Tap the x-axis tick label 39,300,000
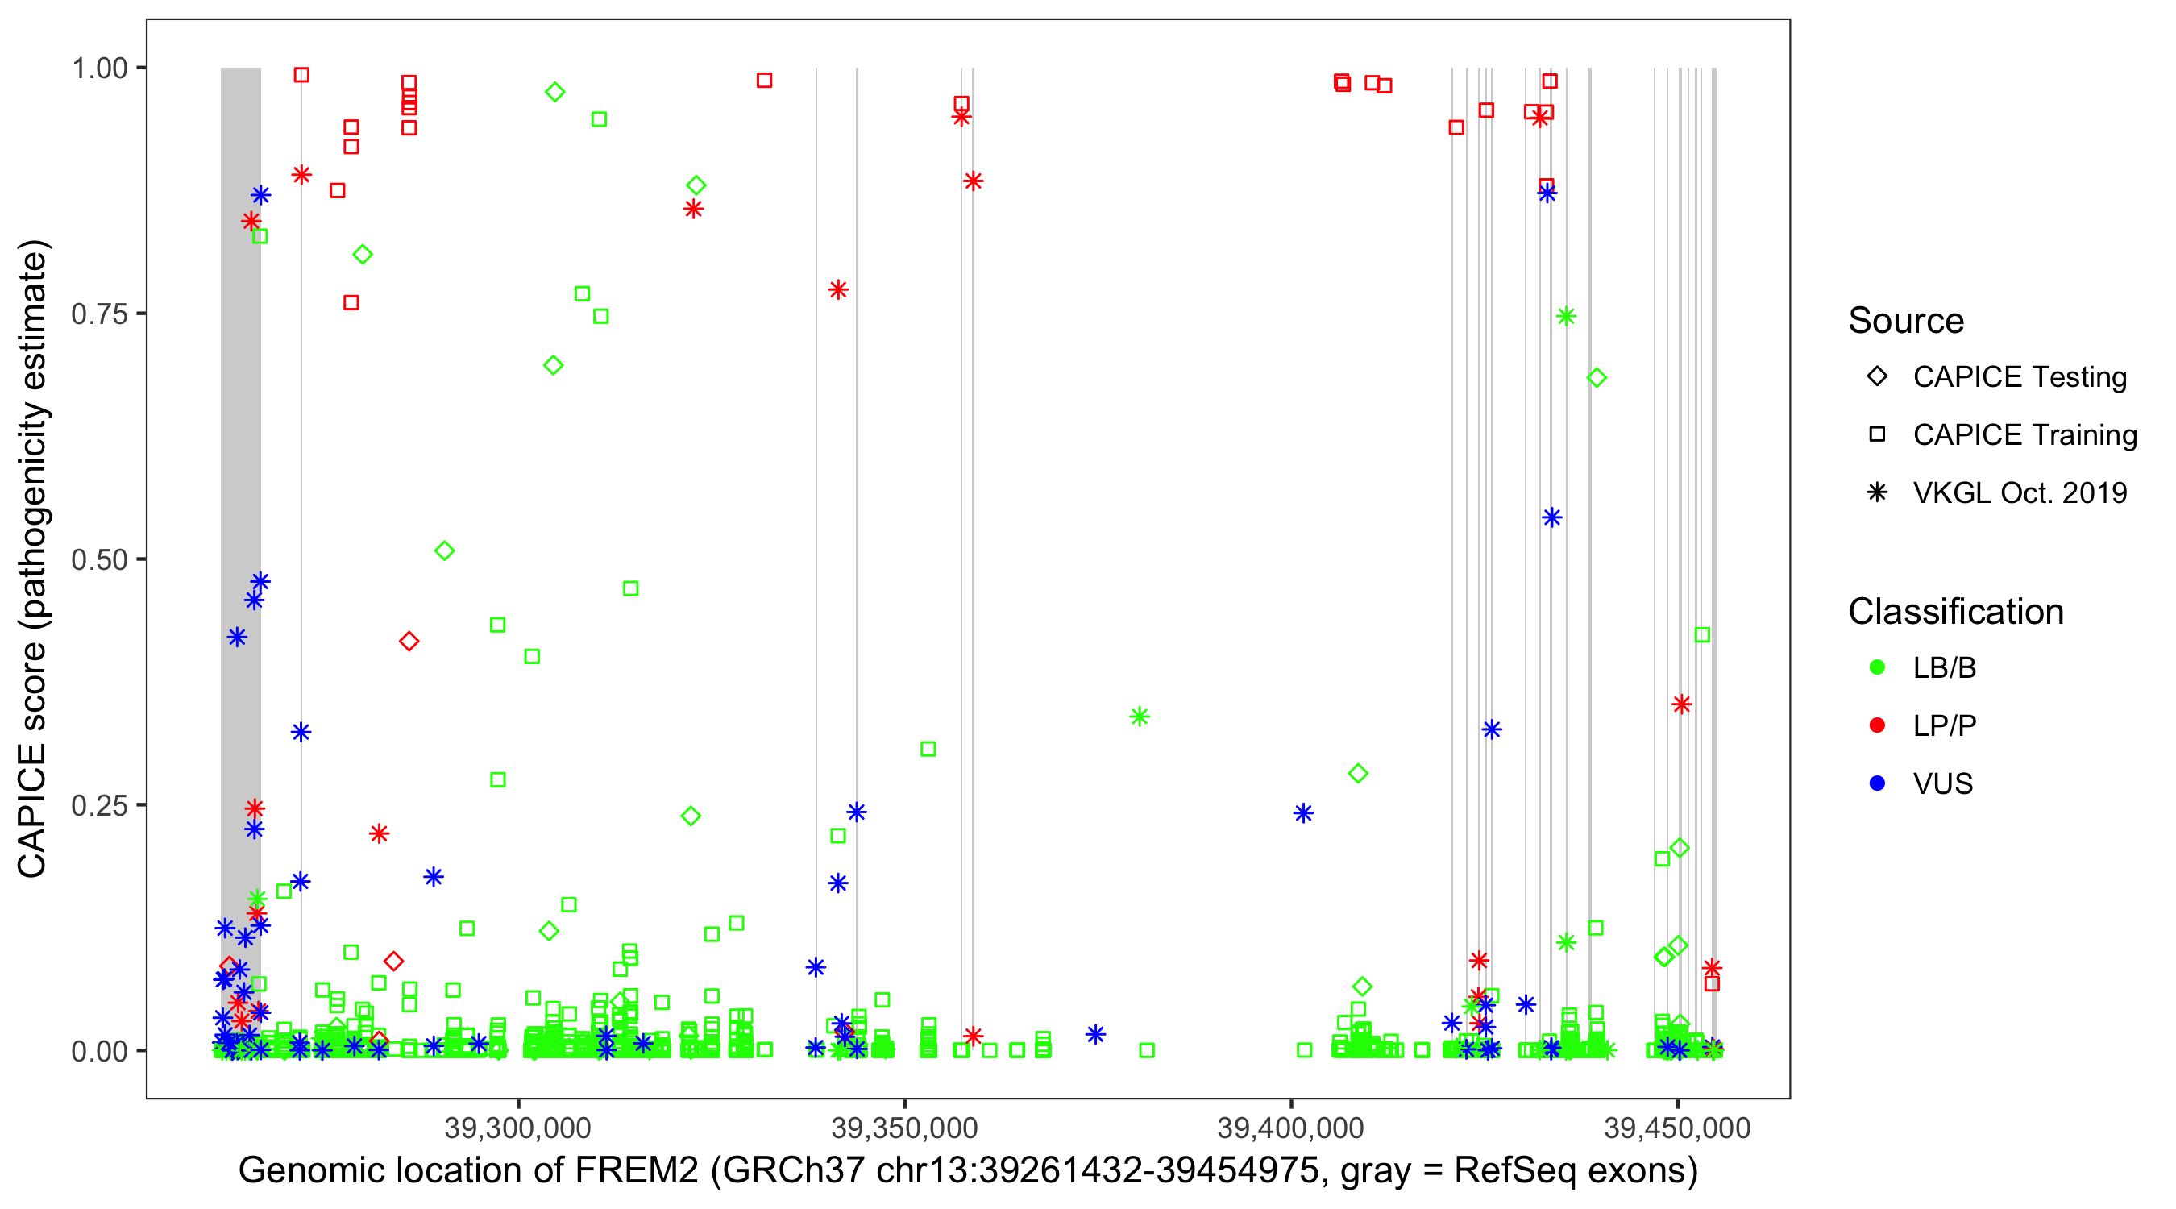coord(518,1128)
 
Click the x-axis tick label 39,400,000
coord(1291,1128)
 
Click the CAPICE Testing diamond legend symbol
coord(1877,377)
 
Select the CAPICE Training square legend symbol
coord(1877,435)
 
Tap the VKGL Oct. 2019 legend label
coord(2020,493)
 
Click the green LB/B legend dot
coord(1877,667)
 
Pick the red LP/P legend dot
coord(1877,725)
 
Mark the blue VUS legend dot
coord(1877,783)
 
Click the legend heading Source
coord(1906,321)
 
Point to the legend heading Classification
coord(1955,612)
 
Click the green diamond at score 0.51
coord(444,550)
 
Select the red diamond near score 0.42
coord(409,642)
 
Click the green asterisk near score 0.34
coord(1140,717)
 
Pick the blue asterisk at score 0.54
coord(1551,518)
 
